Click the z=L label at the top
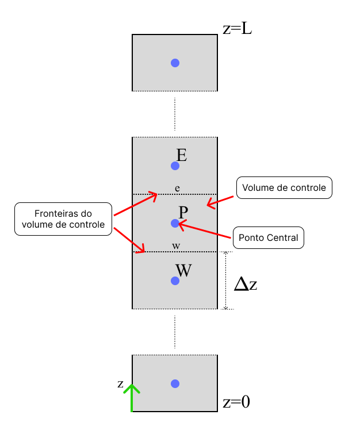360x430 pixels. pos(237,29)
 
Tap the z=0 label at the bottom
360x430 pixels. pos(236,402)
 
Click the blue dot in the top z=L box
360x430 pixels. pos(175,63)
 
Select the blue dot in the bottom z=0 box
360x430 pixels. pos(175,383)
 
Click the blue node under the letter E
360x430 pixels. pos(175,166)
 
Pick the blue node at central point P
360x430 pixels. pos(175,223)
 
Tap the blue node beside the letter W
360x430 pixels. pos(175,281)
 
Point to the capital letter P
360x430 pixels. pos(183,212)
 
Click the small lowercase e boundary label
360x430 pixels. pos(177,188)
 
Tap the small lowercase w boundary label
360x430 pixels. pos(176,246)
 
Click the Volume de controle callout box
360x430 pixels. pos(284,188)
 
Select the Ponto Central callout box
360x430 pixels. pos(268,237)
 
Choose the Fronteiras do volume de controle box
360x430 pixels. pos(63,218)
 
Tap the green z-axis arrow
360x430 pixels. pos(132,398)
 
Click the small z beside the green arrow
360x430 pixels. pos(120,383)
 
